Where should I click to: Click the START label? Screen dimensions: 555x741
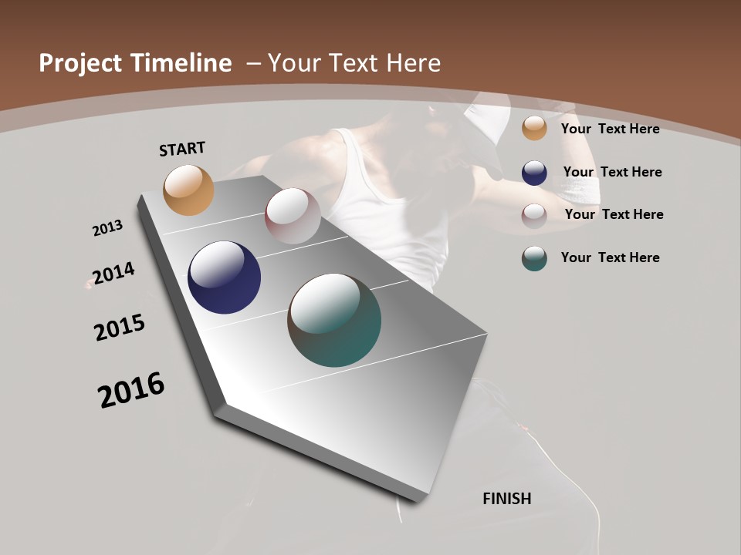pyautogui.click(x=182, y=149)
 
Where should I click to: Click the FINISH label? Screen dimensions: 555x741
pyautogui.click(x=507, y=499)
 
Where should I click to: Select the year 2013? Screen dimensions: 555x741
pyautogui.click(x=107, y=228)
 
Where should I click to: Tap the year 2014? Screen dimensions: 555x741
pyautogui.click(x=113, y=274)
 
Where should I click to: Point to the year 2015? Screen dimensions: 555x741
pyautogui.click(x=120, y=328)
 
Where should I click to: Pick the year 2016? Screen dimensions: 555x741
pyautogui.click(x=131, y=389)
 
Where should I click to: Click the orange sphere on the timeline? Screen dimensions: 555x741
pyautogui.click(x=188, y=190)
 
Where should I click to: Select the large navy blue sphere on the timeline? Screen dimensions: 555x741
pyautogui.click(x=224, y=277)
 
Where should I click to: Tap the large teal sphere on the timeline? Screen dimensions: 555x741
pyautogui.click(x=334, y=320)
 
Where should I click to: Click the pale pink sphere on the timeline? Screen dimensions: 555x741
pyautogui.click(x=293, y=216)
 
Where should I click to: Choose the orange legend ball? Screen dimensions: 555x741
pyautogui.click(x=534, y=128)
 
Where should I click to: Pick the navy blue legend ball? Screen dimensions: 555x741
pyautogui.click(x=534, y=173)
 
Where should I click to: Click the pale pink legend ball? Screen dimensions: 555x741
pyautogui.click(x=534, y=215)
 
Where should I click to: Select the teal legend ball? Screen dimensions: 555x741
pyautogui.click(x=534, y=258)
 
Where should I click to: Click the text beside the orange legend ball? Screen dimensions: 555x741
pyautogui.click(x=610, y=129)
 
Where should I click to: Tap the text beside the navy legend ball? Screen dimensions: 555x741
pyautogui.click(x=612, y=172)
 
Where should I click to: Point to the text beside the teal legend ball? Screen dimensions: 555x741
pyautogui.click(x=610, y=257)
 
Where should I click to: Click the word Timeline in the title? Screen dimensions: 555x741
pyautogui.click(x=182, y=63)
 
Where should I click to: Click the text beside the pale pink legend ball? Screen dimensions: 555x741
pyautogui.click(x=614, y=214)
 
